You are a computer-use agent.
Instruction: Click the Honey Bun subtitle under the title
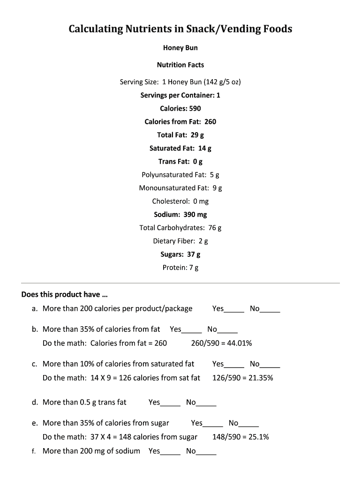pyautogui.click(x=180, y=47)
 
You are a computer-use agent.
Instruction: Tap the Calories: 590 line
pyautogui.click(x=180, y=108)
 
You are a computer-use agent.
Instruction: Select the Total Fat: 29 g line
pyautogui.click(x=180, y=135)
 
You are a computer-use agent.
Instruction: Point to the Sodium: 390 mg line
pyautogui.click(x=180, y=214)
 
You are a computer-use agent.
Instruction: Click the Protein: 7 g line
pyautogui.click(x=180, y=268)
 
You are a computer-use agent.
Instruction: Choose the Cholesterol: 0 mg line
pyautogui.click(x=180, y=201)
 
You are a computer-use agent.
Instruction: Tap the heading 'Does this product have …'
pyautogui.click(x=64, y=295)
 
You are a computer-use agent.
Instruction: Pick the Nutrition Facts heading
pyautogui.click(x=180, y=65)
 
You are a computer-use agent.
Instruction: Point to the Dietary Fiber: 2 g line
pyautogui.click(x=180, y=241)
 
